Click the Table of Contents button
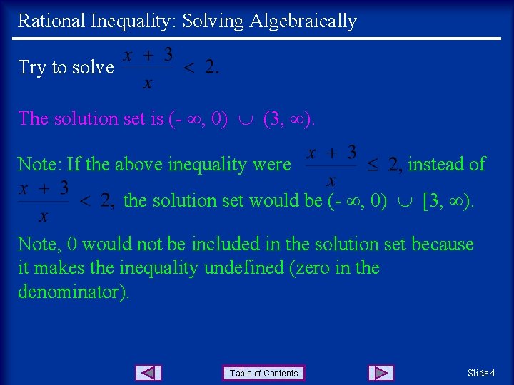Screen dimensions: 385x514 tap(263, 373)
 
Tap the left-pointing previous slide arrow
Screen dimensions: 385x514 tap(148, 373)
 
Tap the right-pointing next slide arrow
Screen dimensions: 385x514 tap(381, 373)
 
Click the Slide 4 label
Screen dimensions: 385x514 tap(481, 373)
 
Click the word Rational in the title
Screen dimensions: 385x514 tap(51, 21)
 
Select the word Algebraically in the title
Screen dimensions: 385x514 tap(303, 21)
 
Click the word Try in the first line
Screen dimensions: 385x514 tap(31, 68)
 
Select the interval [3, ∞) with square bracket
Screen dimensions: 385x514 tap(448, 201)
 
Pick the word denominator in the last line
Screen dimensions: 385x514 tap(71, 292)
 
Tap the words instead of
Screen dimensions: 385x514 tap(446, 165)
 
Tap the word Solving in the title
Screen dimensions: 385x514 tap(213, 21)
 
